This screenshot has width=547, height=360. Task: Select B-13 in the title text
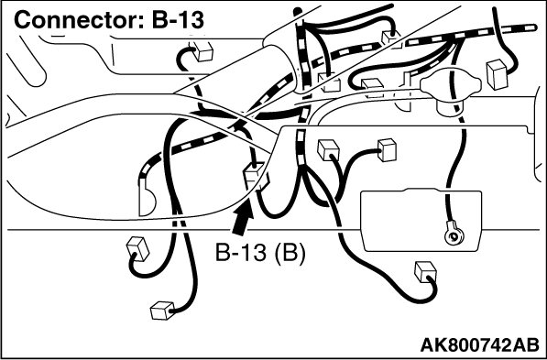[178, 19]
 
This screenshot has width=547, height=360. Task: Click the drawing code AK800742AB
[479, 345]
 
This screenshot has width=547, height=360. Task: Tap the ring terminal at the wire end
[454, 236]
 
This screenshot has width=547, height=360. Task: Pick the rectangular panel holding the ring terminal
[421, 220]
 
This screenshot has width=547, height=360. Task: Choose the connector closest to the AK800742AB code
[425, 271]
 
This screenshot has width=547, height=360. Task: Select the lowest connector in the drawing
[162, 311]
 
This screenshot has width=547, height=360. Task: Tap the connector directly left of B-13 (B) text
[137, 248]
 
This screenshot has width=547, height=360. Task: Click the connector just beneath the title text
[202, 51]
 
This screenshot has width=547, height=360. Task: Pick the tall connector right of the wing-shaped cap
[497, 74]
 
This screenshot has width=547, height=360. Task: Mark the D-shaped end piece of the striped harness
[147, 198]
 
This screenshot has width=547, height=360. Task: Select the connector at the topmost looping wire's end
[390, 38]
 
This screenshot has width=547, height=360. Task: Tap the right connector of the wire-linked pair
[387, 150]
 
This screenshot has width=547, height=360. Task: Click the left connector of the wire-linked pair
[328, 150]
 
